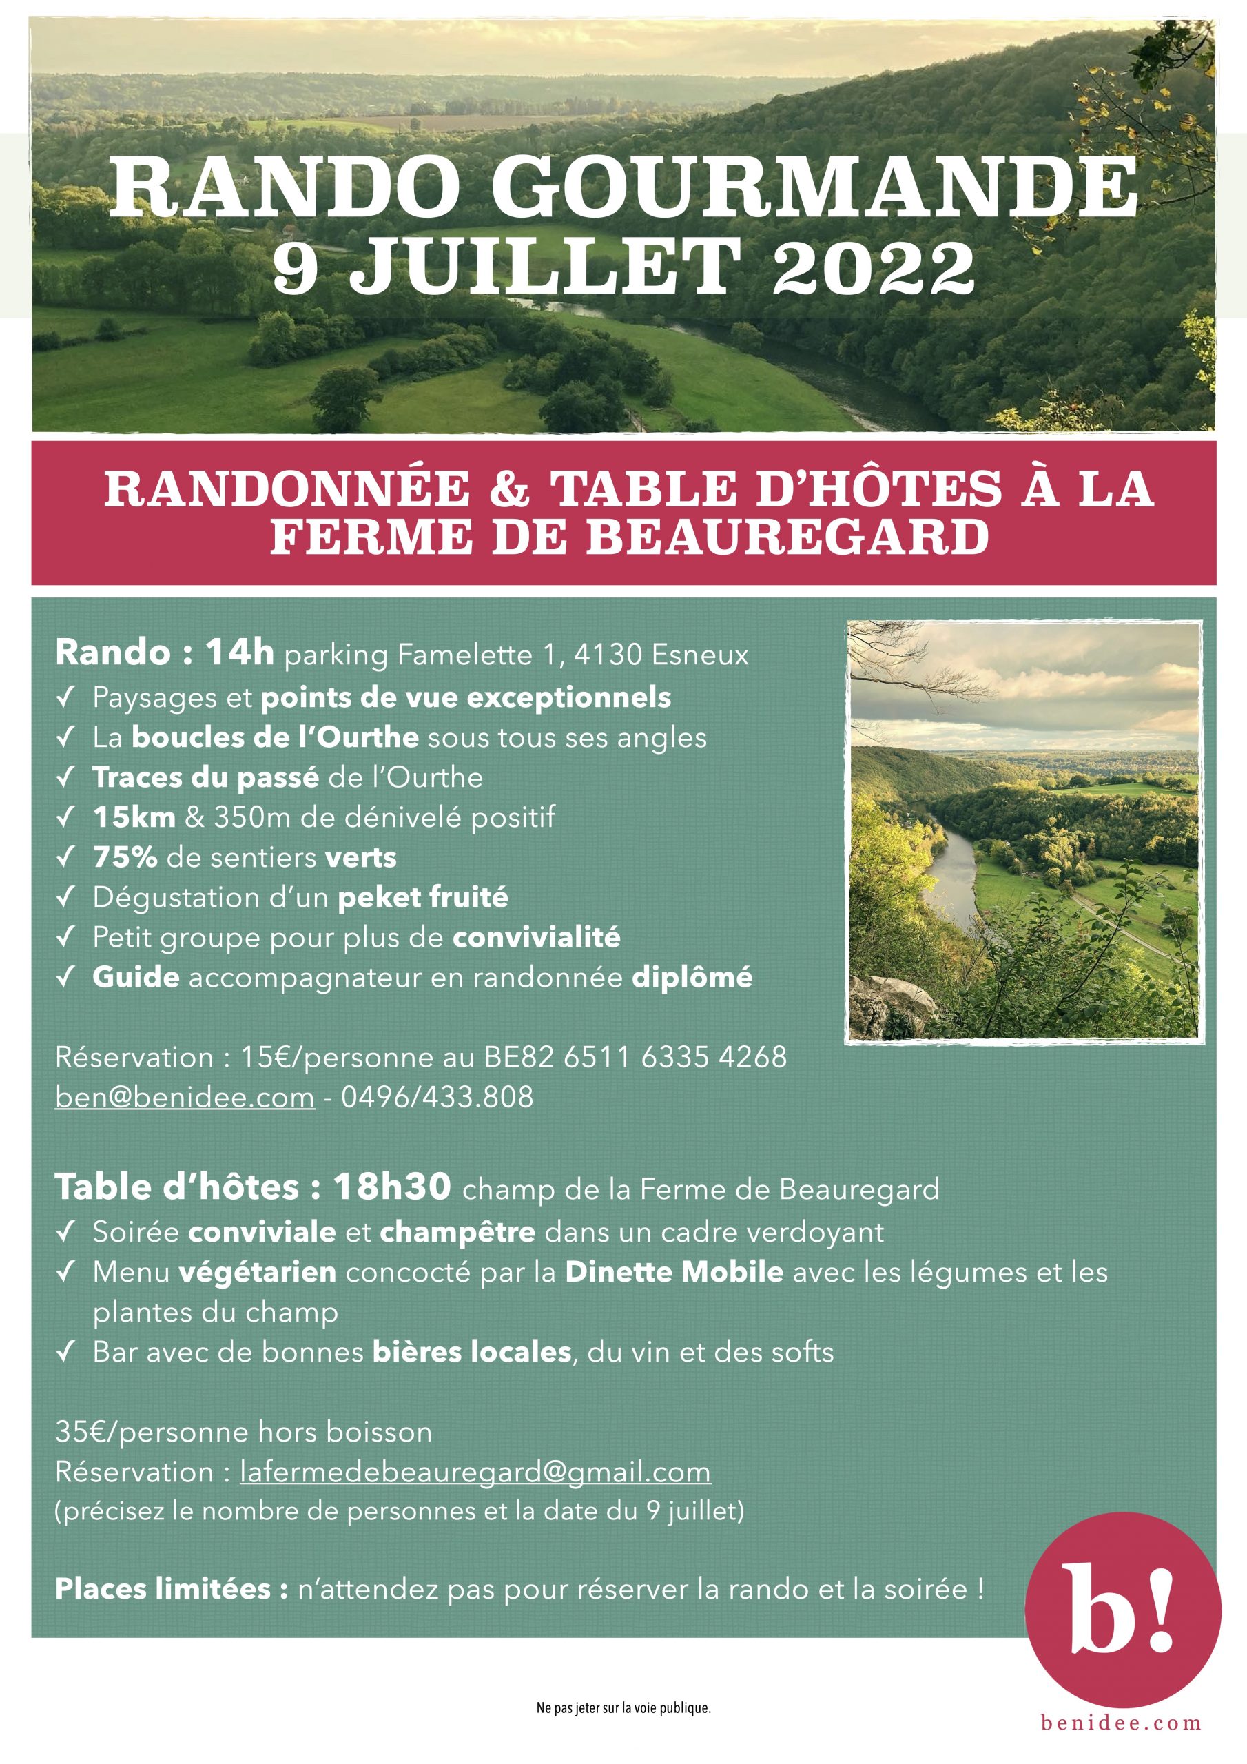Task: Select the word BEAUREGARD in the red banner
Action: point(787,537)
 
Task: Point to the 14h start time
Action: point(239,653)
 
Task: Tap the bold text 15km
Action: point(134,817)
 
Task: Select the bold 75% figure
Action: point(125,857)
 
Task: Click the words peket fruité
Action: point(422,896)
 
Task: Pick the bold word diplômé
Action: point(692,976)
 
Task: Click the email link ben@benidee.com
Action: point(185,1096)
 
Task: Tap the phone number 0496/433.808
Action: point(436,1096)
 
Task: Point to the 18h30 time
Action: point(392,1187)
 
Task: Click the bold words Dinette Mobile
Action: point(674,1271)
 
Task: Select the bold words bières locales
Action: point(472,1351)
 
